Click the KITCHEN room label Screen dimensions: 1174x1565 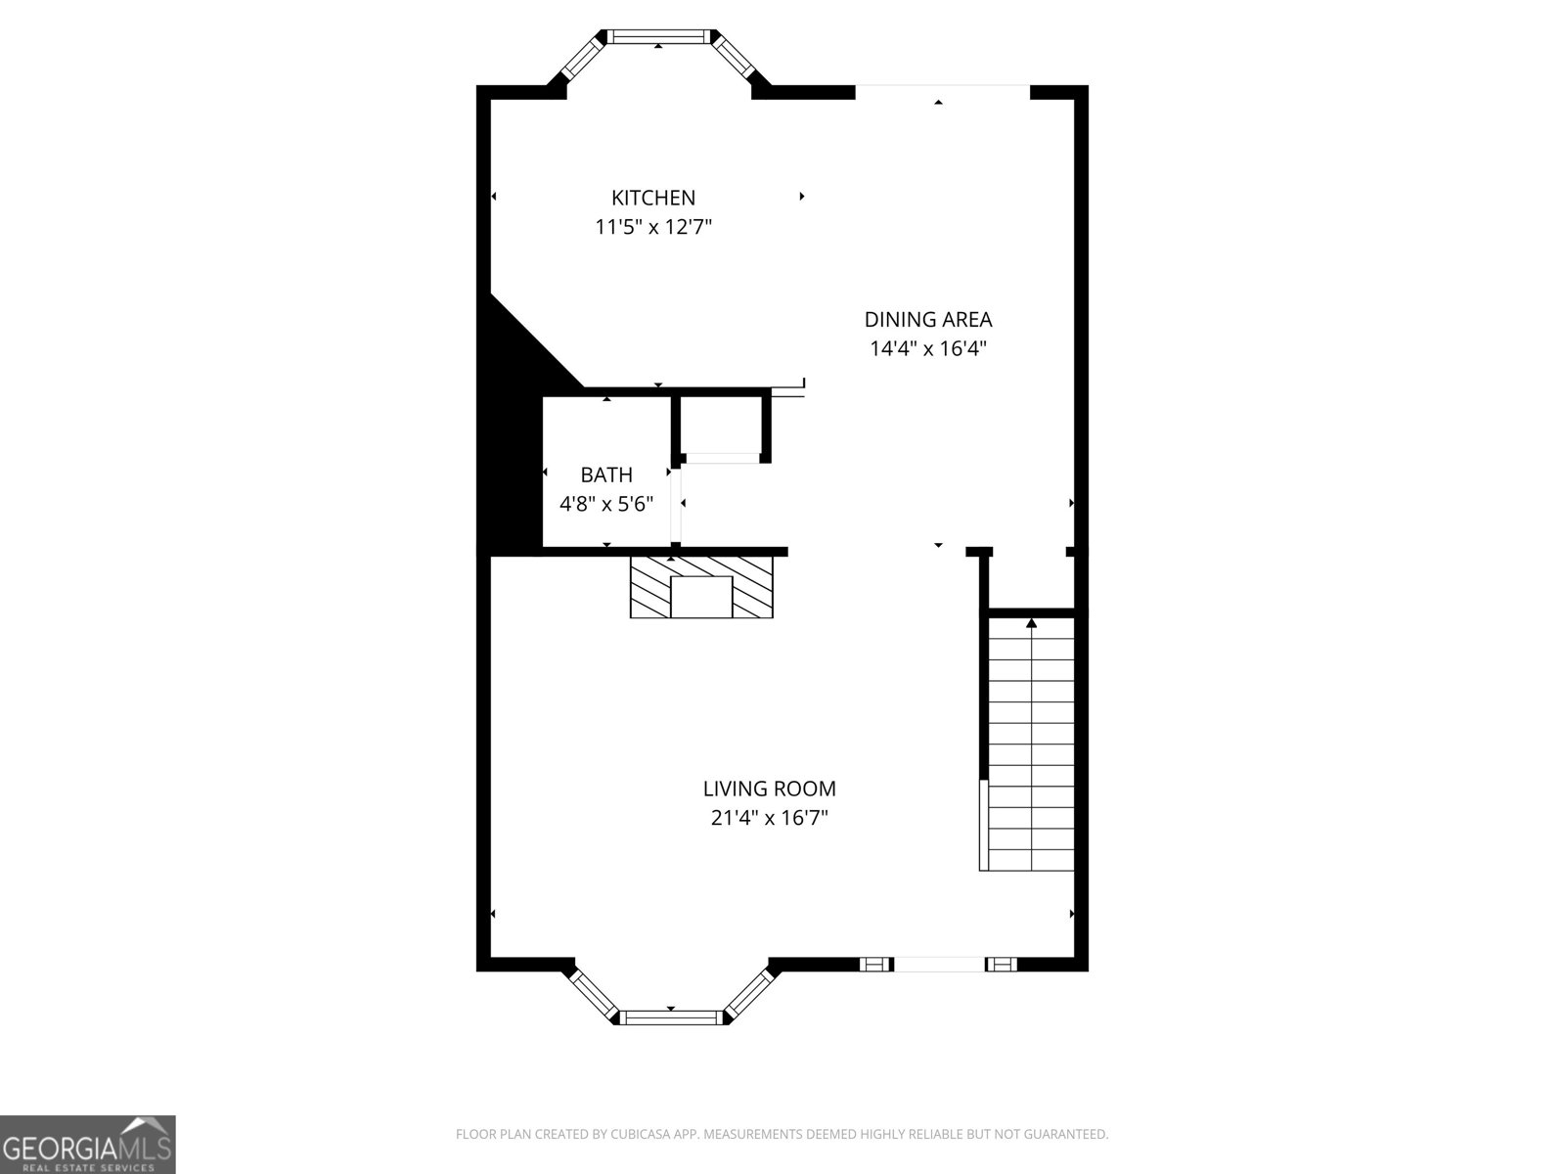(x=653, y=198)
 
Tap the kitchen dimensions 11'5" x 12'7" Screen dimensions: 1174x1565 (x=653, y=228)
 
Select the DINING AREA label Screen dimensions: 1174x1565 (x=927, y=319)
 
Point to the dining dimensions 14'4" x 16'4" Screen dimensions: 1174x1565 (x=927, y=348)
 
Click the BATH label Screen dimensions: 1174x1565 (x=606, y=474)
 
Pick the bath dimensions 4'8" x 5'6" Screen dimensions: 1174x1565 (x=606, y=504)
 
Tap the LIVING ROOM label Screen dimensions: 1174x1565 (x=770, y=789)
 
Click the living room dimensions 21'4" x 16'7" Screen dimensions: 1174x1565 (x=770, y=818)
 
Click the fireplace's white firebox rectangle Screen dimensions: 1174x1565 (x=701, y=597)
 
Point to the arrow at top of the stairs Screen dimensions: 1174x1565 (x=1031, y=622)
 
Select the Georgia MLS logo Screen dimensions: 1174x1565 (x=88, y=1144)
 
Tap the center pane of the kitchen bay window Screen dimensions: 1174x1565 (x=658, y=37)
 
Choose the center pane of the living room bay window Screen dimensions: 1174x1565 (x=672, y=1017)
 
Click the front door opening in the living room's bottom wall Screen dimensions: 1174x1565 (x=939, y=965)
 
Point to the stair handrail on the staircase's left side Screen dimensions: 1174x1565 (x=984, y=825)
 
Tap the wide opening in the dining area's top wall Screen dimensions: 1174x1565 (x=942, y=92)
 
